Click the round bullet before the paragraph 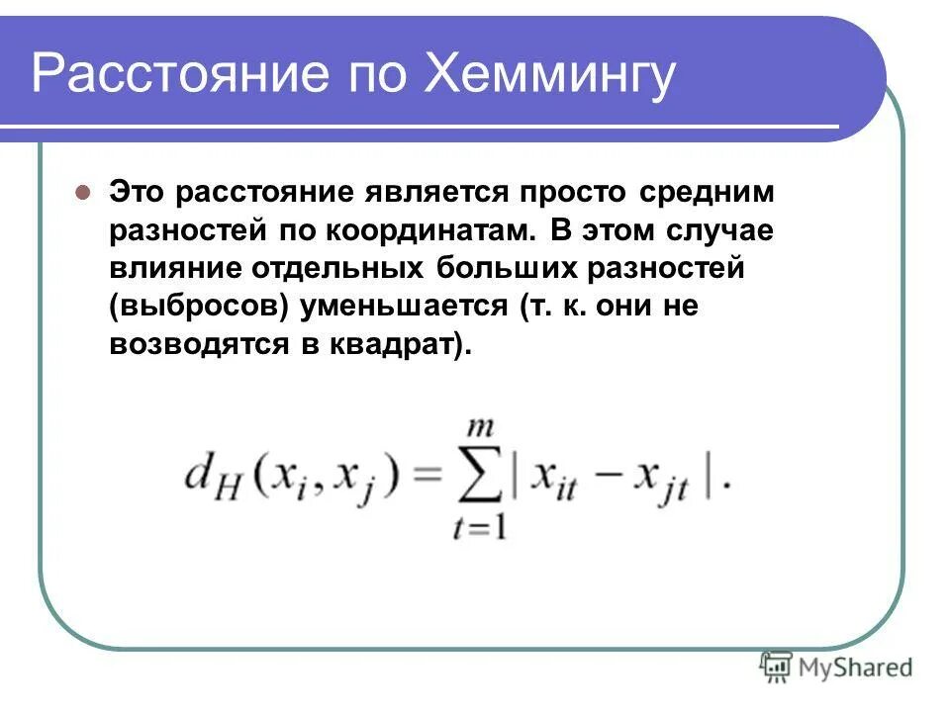84,192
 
